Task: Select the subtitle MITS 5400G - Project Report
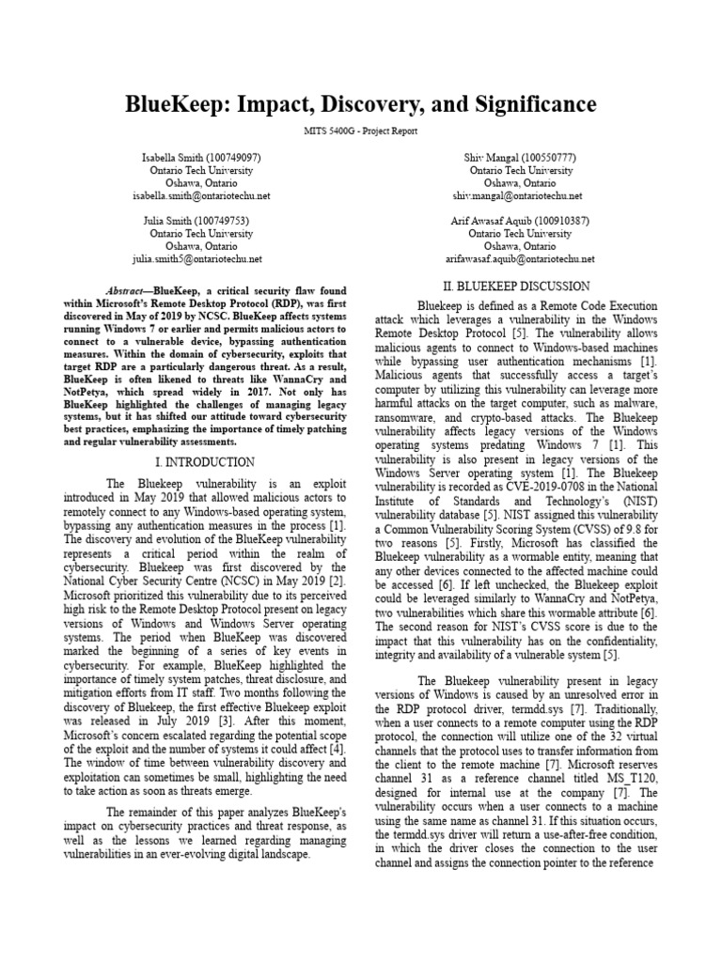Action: click(x=361, y=132)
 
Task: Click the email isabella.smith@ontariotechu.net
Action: click(x=201, y=195)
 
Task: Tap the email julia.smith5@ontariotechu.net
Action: click(x=201, y=258)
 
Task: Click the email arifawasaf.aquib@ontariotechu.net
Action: click(x=520, y=258)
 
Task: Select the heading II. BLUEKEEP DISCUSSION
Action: click(x=517, y=286)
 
